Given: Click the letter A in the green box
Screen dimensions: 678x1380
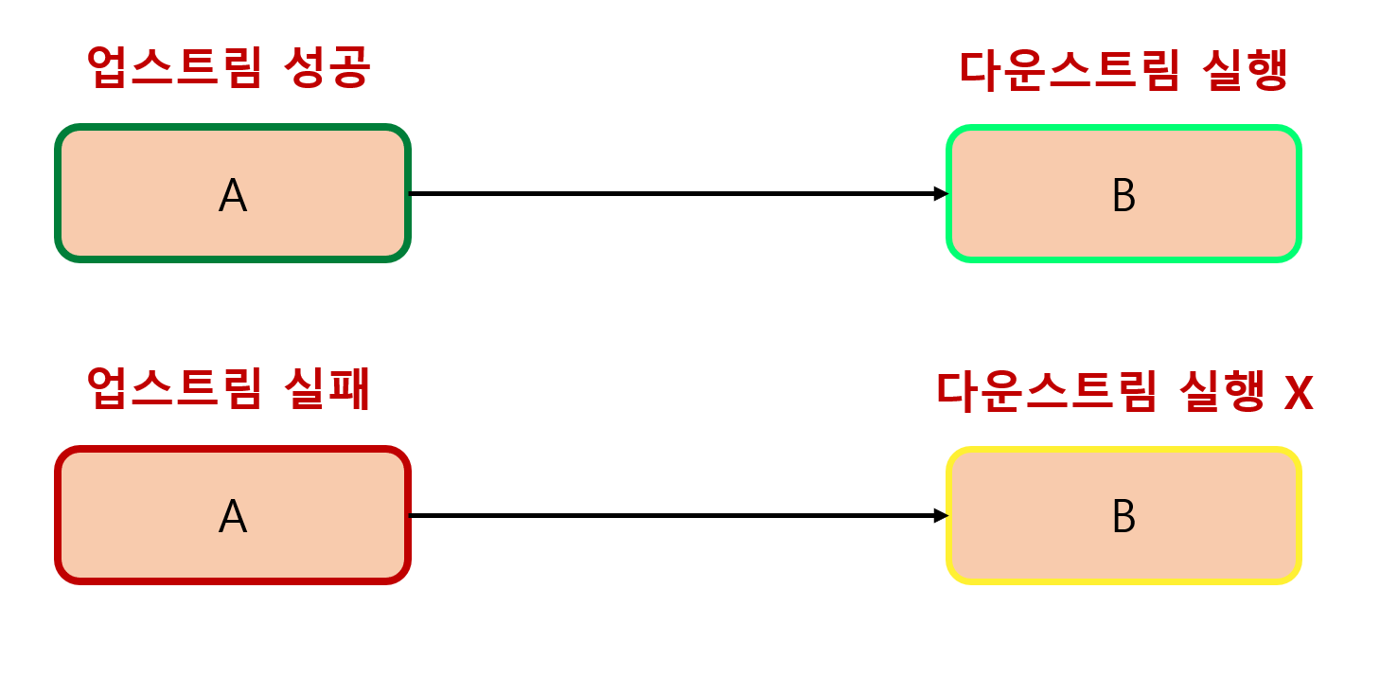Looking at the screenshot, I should (x=232, y=196).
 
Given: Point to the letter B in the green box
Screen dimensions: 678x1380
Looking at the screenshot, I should (x=1123, y=196).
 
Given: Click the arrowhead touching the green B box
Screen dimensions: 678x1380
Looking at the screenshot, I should (x=941, y=193).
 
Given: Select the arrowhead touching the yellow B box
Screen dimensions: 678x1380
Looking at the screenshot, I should (x=941, y=515).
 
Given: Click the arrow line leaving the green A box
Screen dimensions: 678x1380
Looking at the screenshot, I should (x=663, y=193).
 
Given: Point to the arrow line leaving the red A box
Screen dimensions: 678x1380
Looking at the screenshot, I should (x=663, y=515).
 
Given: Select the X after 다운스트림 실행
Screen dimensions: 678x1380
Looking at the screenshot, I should (x=1298, y=392).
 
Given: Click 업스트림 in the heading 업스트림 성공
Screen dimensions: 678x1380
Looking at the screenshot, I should (x=172, y=68).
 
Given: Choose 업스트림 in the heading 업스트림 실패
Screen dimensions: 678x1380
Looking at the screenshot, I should (x=172, y=389).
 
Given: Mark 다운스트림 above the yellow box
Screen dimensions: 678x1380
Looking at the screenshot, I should (x=1046, y=392).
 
